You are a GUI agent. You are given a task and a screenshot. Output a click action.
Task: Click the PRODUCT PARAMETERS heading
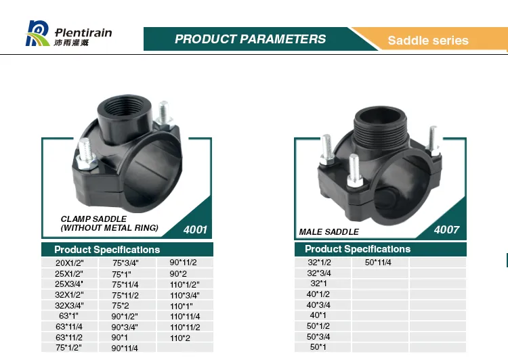click(250, 39)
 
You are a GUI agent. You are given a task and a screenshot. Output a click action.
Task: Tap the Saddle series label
click(427, 41)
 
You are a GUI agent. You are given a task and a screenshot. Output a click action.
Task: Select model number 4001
click(195, 230)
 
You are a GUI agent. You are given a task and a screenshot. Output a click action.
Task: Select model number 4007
click(446, 230)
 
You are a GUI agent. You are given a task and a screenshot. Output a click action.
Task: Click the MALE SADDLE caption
click(329, 232)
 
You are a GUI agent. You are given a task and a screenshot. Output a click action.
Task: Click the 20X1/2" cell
click(69, 263)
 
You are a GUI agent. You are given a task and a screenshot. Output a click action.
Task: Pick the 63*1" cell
click(69, 316)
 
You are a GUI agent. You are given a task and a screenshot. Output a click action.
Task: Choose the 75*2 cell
click(120, 306)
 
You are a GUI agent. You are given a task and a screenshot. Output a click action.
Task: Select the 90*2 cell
click(178, 274)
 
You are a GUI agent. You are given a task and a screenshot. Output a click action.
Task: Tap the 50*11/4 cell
click(378, 263)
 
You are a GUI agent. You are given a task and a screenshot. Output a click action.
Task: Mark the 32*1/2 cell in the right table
click(319, 263)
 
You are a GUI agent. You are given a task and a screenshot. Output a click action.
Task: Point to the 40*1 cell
click(319, 315)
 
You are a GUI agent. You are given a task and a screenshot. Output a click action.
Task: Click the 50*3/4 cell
click(319, 336)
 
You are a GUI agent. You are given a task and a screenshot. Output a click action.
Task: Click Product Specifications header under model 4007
click(358, 249)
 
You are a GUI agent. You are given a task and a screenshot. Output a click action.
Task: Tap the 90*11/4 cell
click(125, 348)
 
